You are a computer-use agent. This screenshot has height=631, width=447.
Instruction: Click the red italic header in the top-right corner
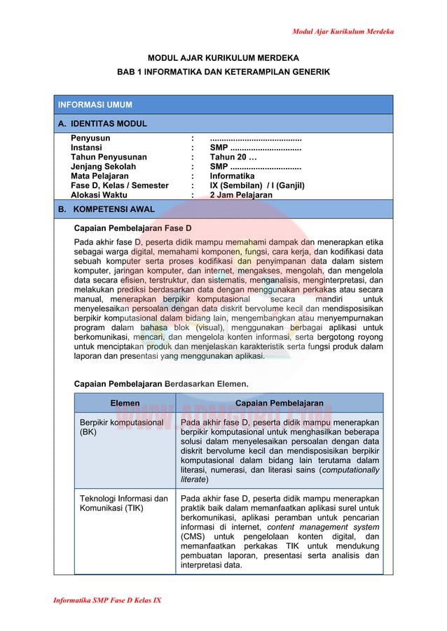[x=342, y=31]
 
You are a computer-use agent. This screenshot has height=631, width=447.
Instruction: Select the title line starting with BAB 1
[x=223, y=72]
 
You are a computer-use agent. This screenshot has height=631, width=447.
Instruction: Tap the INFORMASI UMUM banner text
[x=95, y=105]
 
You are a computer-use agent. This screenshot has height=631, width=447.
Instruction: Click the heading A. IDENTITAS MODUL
[x=102, y=124]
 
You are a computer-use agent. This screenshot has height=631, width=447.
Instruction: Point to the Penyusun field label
[x=90, y=139]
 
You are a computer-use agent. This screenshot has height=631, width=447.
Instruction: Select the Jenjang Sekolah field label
[x=104, y=167]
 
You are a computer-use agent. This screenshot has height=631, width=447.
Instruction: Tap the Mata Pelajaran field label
[x=99, y=177]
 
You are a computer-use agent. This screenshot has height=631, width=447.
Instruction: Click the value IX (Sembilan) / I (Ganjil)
[x=257, y=186]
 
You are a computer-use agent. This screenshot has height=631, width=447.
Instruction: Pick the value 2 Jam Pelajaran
[x=241, y=196]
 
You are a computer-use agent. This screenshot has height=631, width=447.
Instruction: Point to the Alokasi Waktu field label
[x=99, y=196]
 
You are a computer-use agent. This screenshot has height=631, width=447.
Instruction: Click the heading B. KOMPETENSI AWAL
[x=106, y=209]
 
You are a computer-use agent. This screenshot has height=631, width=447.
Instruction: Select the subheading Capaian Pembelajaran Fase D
[x=132, y=229]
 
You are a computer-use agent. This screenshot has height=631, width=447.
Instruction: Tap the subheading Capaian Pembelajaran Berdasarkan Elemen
[x=161, y=383]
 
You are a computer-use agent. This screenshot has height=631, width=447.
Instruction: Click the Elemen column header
[x=125, y=404]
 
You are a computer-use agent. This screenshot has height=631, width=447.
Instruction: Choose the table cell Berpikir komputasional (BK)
[x=121, y=427]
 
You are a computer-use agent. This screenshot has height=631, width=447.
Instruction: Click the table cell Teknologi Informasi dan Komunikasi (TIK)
[x=124, y=504]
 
